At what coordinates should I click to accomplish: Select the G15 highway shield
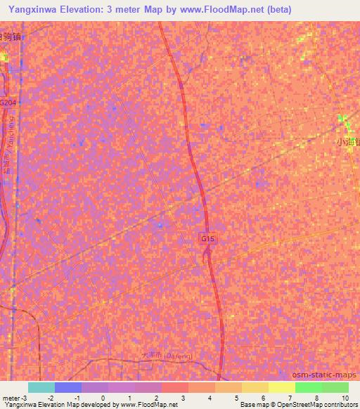point(207,239)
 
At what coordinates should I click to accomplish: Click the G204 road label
point(8,103)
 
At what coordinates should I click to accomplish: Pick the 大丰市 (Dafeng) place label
point(161,356)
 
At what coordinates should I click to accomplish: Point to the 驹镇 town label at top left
point(9,37)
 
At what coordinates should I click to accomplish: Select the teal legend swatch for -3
point(41,387)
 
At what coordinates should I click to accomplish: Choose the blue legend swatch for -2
point(68,387)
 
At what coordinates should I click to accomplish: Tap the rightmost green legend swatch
point(335,387)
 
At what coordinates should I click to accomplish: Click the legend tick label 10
point(345,398)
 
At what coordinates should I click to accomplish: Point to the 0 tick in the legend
point(103,398)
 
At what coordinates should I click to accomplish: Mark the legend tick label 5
point(238,398)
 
